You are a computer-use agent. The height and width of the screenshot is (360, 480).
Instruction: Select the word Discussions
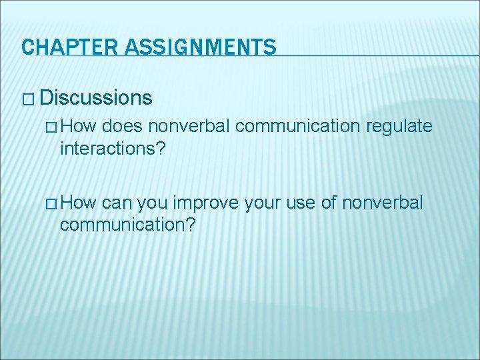tap(96, 98)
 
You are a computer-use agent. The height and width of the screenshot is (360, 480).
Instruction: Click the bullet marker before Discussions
tap(27, 99)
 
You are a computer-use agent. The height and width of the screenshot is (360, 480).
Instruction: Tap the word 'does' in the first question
tap(123, 125)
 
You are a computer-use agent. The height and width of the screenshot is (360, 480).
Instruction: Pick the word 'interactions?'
tap(113, 148)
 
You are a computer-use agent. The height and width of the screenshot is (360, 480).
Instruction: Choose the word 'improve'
tap(209, 202)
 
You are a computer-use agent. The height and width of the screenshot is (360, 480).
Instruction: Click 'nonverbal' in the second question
tap(382, 202)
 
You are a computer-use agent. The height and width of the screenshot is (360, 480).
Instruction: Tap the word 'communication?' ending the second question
tap(127, 225)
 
